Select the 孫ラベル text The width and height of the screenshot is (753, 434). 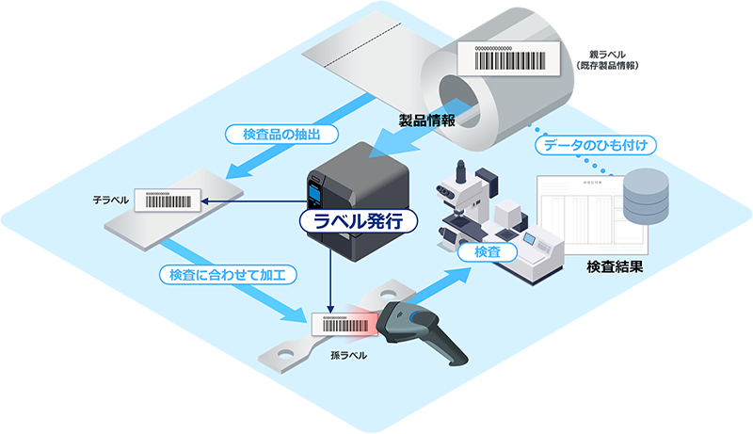pyautogui.click(x=348, y=355)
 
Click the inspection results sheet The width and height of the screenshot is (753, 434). pyautogui.click(x=579, y=212)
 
